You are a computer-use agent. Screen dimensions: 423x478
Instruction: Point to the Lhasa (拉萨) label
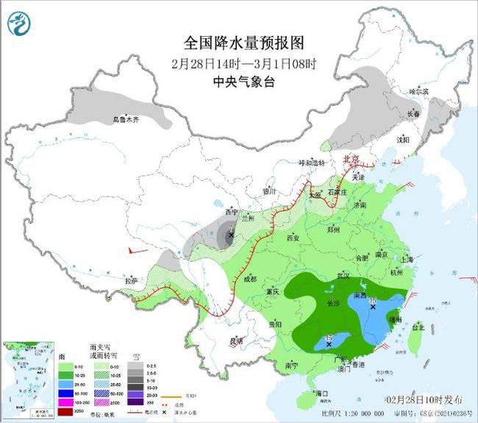132,280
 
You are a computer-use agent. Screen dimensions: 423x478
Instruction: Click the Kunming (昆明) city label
236,340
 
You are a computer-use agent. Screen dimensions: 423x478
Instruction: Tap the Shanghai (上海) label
407,259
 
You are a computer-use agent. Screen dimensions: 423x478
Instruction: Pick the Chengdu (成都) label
249,280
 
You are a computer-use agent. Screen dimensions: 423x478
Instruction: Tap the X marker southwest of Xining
231,235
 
